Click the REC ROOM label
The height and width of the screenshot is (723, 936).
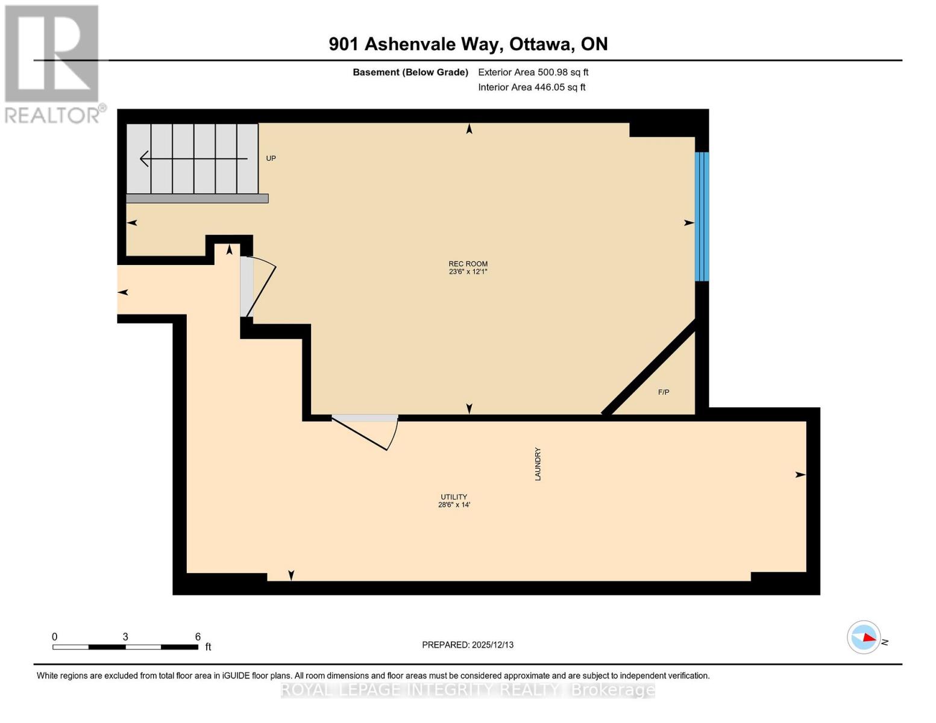(x=468, y=263)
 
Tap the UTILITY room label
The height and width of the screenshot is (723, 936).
(x=454, y=497)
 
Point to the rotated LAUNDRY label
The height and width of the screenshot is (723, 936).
(x=538, y=463)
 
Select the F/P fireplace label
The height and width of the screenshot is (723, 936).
(x=663, y=392)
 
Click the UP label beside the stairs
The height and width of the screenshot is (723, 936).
(x=271, y=158)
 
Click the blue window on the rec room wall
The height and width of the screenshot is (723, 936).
(x=702, y=216)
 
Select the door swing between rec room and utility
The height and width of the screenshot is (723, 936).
(x=365, y=433)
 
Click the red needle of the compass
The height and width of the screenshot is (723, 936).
(x=868, y=637)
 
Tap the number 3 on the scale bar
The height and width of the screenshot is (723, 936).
(x=125, y=637)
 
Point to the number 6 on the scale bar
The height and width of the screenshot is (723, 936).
(x=198, y=637)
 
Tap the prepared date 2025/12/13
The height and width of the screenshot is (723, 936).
(x=492, y=645)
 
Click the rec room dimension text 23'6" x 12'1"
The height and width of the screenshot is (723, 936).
(x=468, y=272)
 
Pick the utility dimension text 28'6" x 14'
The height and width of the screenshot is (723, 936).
(x=454, y=505)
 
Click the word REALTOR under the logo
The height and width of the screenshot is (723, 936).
(x=52, y=114)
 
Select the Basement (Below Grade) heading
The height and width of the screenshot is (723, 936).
(x=410, y=72)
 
